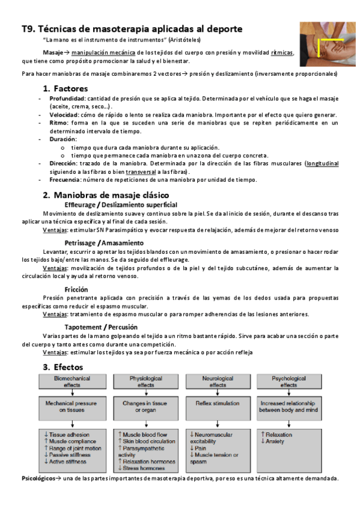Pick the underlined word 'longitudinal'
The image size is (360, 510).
click(x=322, y=163)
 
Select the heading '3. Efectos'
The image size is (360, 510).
click(x=63, y=367)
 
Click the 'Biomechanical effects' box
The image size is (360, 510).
click(x=73, y=381)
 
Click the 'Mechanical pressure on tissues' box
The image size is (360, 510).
click(x=73, y=405)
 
